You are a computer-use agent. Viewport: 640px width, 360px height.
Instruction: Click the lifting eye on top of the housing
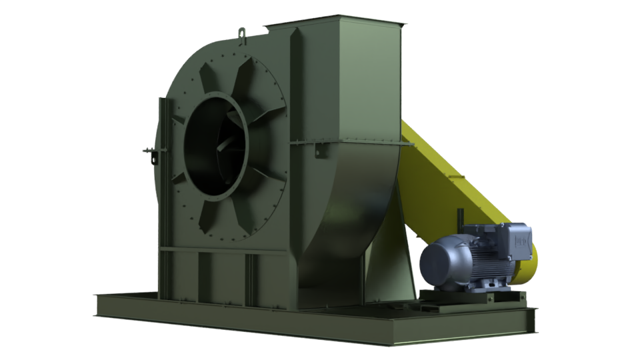click(x=241, y=31)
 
